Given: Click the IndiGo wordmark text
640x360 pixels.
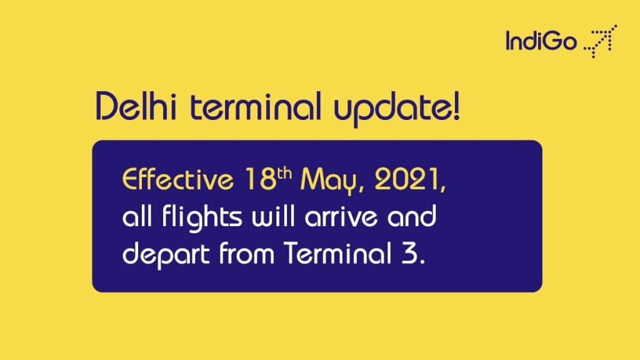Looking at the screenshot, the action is coord(541,41).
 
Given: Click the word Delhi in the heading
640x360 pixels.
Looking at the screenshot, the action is coord(136,106).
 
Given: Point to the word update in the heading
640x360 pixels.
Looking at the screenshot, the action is coord(391,109).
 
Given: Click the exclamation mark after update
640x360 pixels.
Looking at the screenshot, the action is coord(456,106).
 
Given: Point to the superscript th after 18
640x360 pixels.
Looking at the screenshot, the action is coord(284,174).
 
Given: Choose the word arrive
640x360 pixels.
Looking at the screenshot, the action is coord(341,217).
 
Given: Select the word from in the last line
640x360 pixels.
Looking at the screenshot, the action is coord(246,253).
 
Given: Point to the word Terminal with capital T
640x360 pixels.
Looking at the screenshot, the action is coord(337,253).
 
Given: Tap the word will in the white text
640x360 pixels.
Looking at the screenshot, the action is coord(273,216).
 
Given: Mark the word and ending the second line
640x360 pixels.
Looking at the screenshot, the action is coord(412,216).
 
